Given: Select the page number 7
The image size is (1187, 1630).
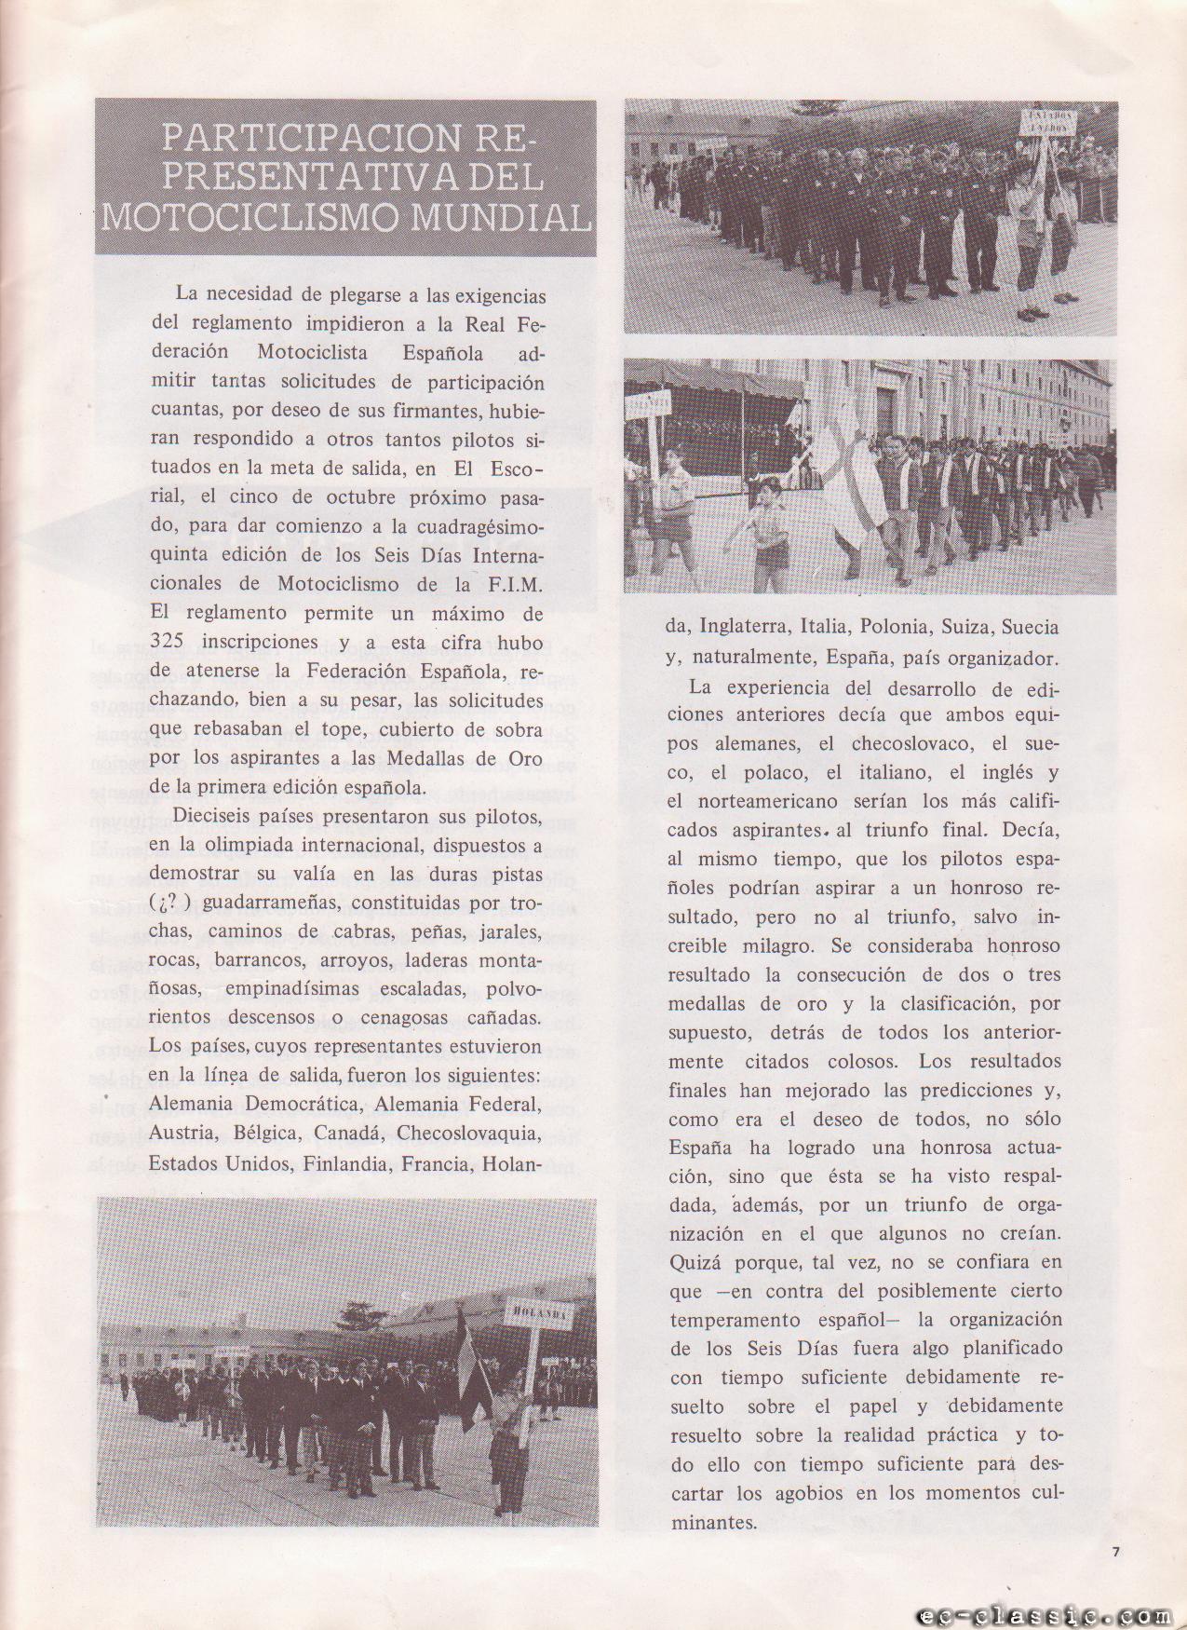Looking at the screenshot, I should point(1115,1552).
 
